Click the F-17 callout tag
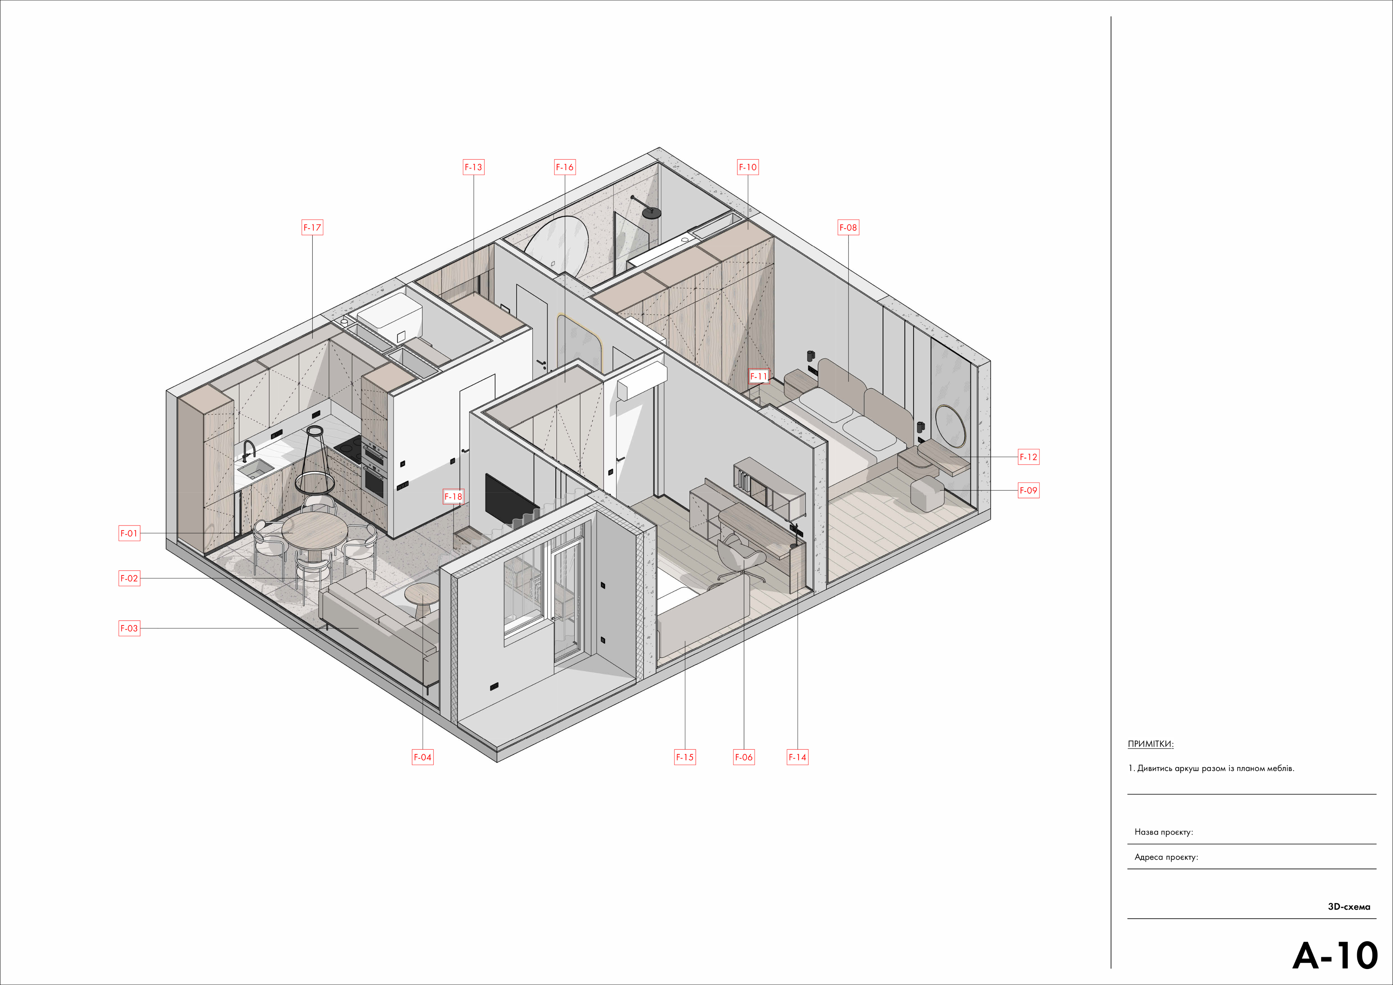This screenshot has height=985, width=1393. point(313,228)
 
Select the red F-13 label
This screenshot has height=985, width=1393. point(473,167)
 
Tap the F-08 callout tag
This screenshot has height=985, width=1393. point(848,228)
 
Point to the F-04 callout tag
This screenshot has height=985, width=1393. point(422,757)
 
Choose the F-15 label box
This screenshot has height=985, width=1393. point(685,757)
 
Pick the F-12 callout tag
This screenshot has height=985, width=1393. point(1028,457)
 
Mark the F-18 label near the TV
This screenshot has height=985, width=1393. point(453,497)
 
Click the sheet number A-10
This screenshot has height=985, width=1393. point(1335,956)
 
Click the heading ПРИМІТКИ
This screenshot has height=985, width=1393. point(1150,744)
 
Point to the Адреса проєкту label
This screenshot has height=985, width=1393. point(1166,857)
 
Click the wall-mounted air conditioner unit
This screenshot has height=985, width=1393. point(642,381)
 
